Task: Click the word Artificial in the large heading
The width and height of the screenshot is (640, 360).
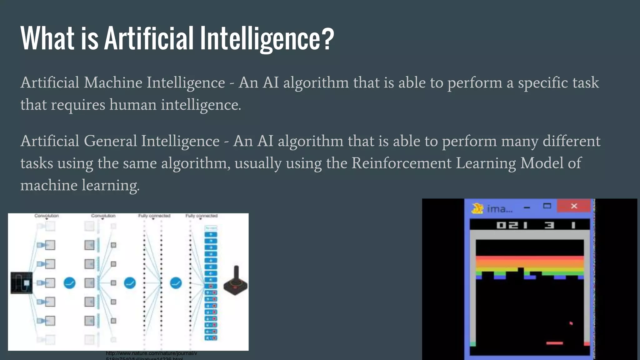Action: tap(149, 38)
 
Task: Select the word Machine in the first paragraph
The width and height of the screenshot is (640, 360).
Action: tap(113, 83)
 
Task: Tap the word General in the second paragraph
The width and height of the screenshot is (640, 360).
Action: tap(110, 141)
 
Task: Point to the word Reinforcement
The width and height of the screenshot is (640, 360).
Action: tap(402, 163)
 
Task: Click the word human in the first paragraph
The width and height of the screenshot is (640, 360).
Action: tap(133, 105)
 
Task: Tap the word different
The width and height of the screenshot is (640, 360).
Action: tap(572, 141)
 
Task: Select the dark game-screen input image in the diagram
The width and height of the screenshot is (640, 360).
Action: tap(22, 283)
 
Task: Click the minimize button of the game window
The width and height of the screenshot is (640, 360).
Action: tap(527, 207)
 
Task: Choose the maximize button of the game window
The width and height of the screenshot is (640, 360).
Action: tap(547, 206)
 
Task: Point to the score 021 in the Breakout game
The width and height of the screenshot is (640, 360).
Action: tap(512, 225)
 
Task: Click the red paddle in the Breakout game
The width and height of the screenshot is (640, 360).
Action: tap(554, 343)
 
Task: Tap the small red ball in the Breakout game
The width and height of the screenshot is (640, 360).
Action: tap(571, 323)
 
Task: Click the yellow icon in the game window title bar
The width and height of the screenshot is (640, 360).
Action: tap(477, 208)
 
